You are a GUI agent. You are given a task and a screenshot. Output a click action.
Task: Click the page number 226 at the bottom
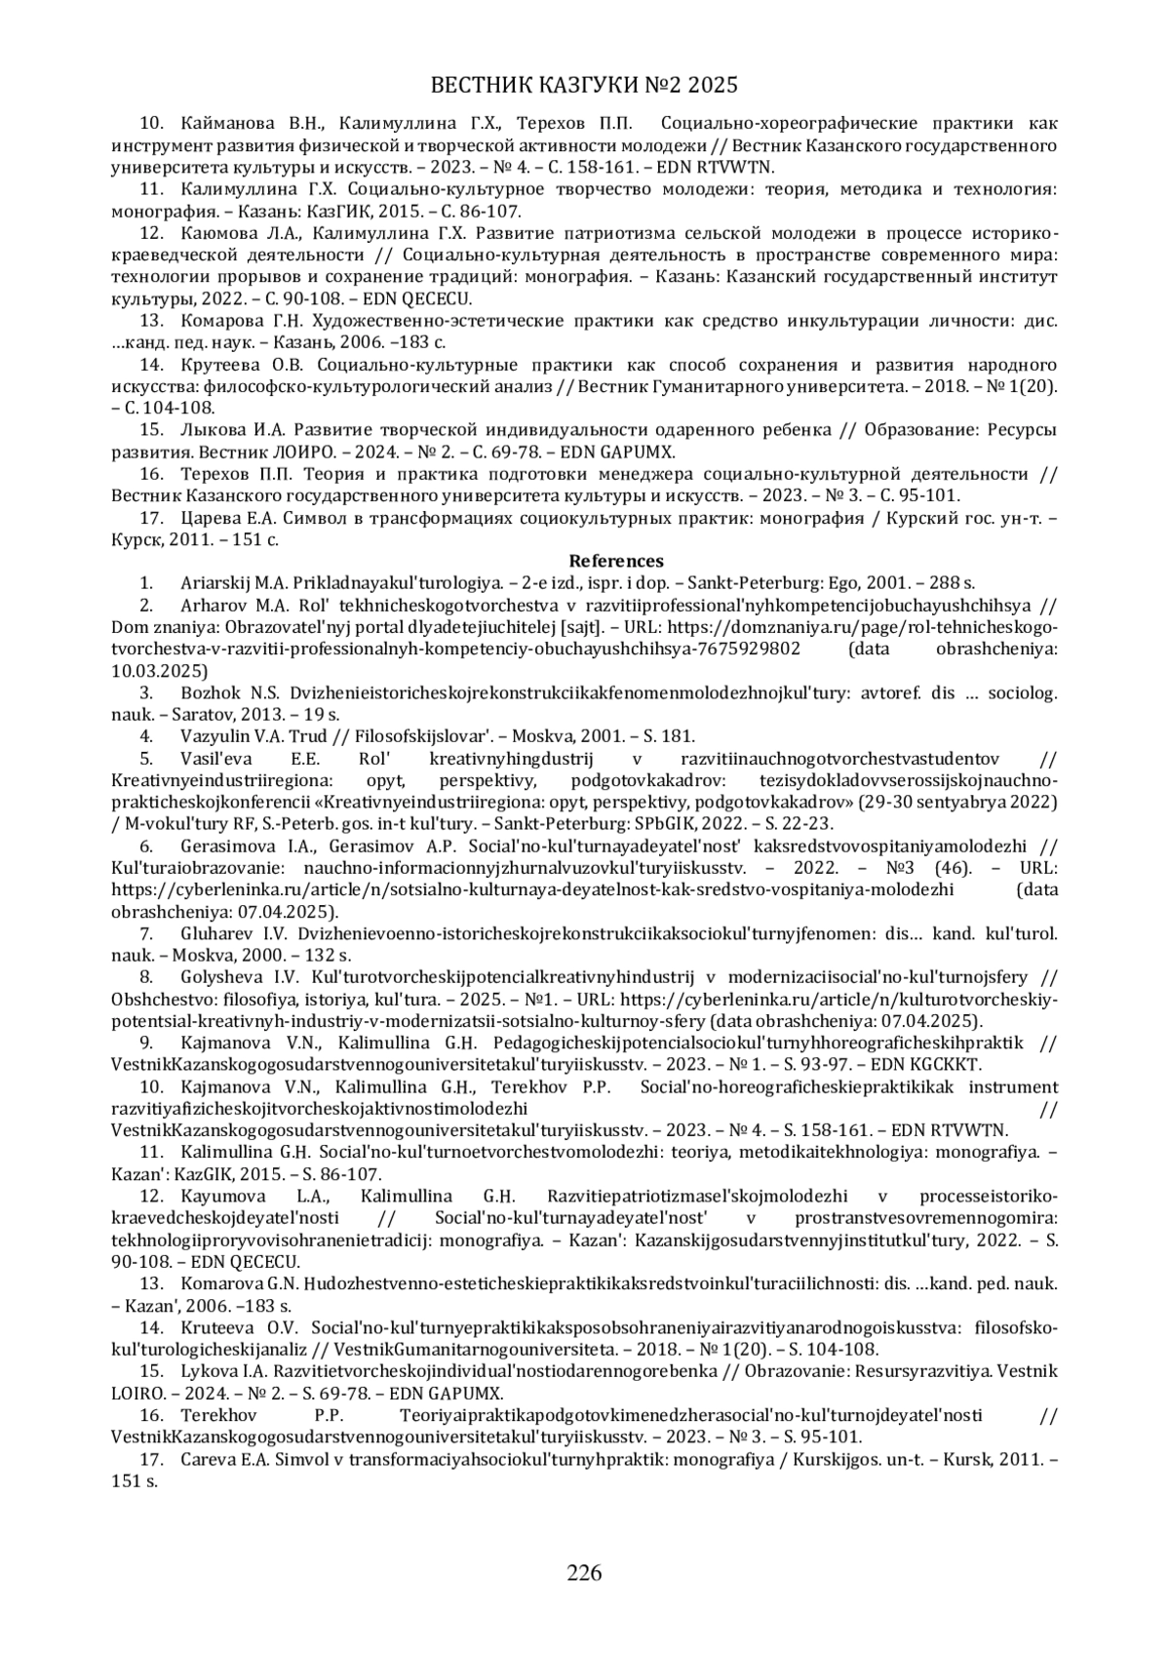(x=585, y=1572)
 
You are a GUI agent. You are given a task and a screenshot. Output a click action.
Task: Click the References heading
(x=616, y=561)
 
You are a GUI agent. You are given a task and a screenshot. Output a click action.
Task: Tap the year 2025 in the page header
(x=713, y=86)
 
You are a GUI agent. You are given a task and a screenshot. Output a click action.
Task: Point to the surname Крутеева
(x=220, y=365)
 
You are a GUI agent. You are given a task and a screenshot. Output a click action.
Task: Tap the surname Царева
(x=212, y=519)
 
